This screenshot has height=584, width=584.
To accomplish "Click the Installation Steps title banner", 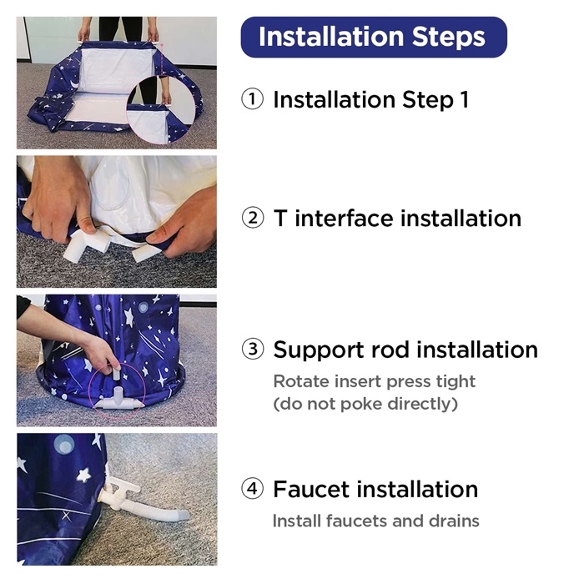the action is click(374, 37).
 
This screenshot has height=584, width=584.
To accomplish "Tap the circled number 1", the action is click(252, 99).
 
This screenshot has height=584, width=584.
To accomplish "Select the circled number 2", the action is click(253, 218).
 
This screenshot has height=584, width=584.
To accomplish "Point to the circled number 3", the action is click(253, 349).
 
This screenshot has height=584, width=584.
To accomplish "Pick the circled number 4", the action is click(252, 488).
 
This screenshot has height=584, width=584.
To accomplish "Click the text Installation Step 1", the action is click(371, 100).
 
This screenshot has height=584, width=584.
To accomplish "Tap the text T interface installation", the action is click(397, 218).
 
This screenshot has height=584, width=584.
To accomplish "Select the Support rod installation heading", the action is click(405, 350).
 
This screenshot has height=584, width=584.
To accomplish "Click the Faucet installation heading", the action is click(375, 489).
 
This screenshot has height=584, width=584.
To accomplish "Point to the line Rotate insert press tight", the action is click(375, 382).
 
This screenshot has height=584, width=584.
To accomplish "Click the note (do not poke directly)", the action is click(365, 404).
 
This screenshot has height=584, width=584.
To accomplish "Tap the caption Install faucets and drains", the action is click(375, 521).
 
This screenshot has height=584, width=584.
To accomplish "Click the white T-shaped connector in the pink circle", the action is click(118, 400).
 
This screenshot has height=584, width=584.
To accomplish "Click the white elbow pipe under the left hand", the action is click(87, 244).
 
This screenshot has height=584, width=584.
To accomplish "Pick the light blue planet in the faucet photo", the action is click(64, 445).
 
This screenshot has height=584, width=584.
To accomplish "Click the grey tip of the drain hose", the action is click(182, 516).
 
